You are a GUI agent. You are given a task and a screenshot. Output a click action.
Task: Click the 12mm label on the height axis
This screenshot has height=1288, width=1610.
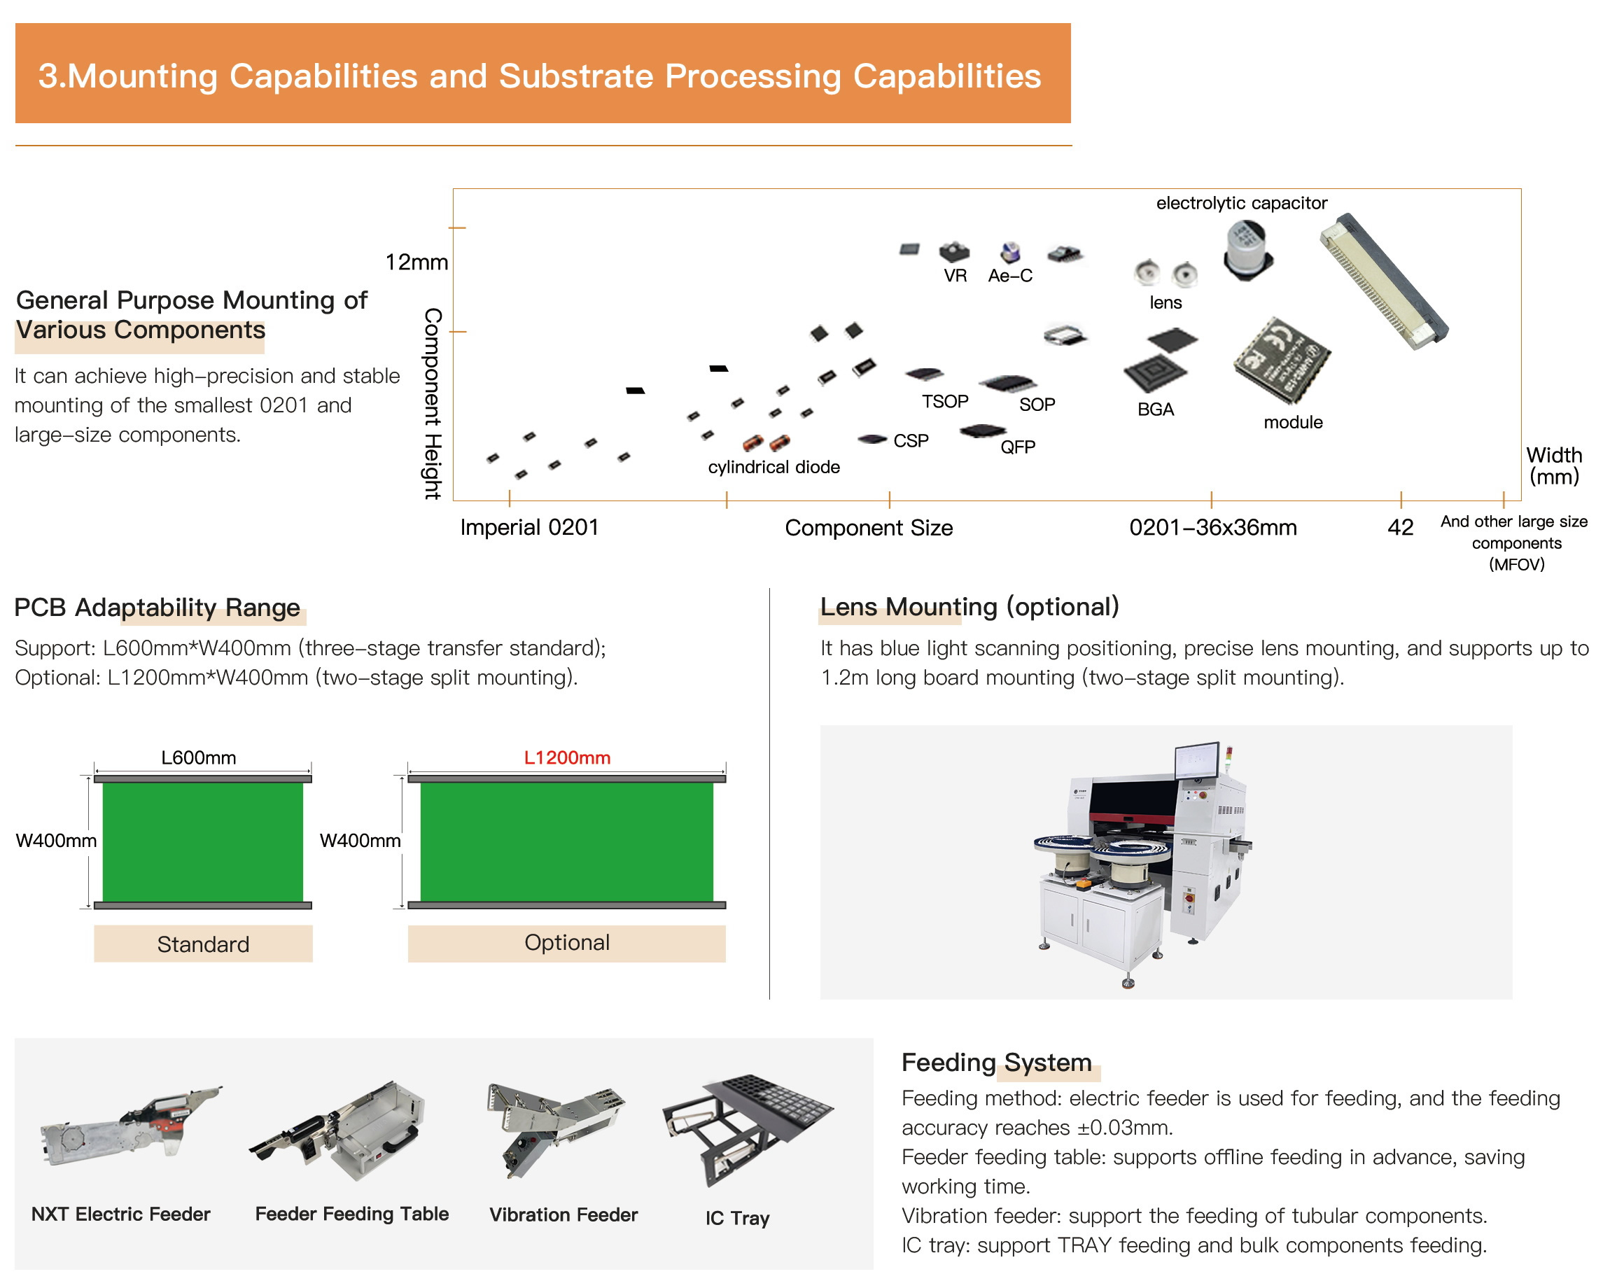tap(416, 262)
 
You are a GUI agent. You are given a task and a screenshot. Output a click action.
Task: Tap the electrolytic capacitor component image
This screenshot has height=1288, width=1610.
tap(1246, 250)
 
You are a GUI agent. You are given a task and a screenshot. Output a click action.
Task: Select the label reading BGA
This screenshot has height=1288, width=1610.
tap(1155, 409)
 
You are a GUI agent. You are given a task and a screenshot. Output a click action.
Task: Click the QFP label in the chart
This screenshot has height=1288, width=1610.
tap(1017, 447)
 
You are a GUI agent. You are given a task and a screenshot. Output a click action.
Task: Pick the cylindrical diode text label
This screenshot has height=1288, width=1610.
tap(773, 467)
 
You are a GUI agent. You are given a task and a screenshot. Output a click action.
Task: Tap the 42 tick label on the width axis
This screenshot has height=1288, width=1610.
tap(1399, 527)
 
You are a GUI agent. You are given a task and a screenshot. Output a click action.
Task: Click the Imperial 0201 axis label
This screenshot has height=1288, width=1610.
tap(528, 527)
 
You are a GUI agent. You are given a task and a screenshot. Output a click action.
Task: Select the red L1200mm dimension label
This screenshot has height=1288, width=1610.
tap(567, 757)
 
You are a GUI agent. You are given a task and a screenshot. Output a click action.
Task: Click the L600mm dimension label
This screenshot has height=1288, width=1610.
tap(199, 757)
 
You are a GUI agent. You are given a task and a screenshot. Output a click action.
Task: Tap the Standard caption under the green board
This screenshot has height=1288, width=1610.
tap(203, 944)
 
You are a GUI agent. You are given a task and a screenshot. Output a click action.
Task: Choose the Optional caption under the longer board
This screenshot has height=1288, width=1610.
tap(567, 942)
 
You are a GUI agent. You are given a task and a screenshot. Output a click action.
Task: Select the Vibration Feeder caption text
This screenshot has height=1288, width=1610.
tap(563, 1214)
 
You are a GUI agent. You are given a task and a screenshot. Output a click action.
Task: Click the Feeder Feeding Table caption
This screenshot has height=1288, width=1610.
tap(351, 1213)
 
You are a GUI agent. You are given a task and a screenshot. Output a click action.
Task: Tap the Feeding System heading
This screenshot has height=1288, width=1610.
tap(996, 1062)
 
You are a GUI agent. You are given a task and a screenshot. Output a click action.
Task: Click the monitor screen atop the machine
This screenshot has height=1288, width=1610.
tap(1197, 762)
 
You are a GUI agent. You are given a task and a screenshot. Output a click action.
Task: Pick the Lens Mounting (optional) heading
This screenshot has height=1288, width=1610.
tap(969, 606)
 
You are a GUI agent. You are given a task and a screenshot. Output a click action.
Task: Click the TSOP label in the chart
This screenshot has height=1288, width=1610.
tap(944, 402)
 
